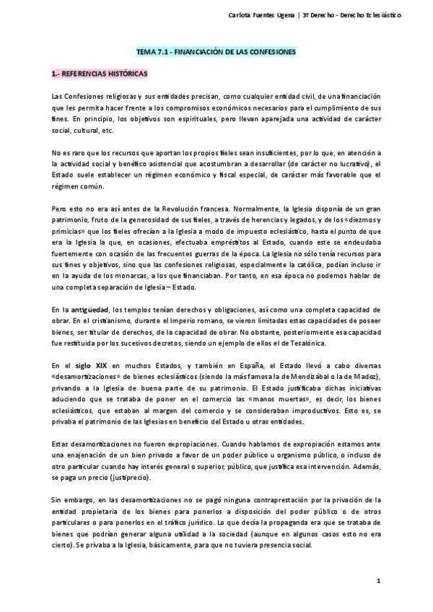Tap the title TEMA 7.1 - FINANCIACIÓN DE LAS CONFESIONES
[x=216, y=53]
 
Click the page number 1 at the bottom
[x=377, y=581]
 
